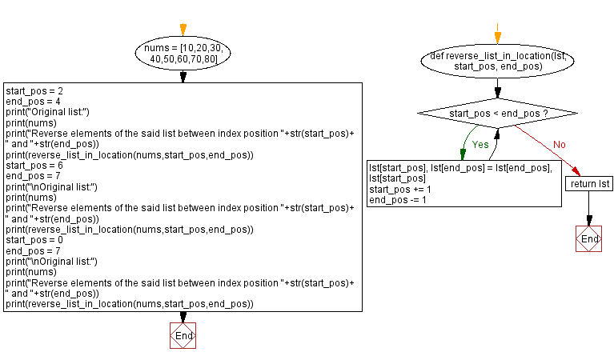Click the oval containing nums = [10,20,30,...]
[183, 54]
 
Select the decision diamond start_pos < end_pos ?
[498, 114]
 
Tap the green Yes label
[480, 146]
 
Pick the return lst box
[588, 184]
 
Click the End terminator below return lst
[588, 238]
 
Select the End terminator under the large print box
[183, 336]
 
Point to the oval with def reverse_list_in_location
[498, 61]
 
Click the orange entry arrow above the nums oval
[183, 30]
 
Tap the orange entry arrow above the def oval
[498, 35]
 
